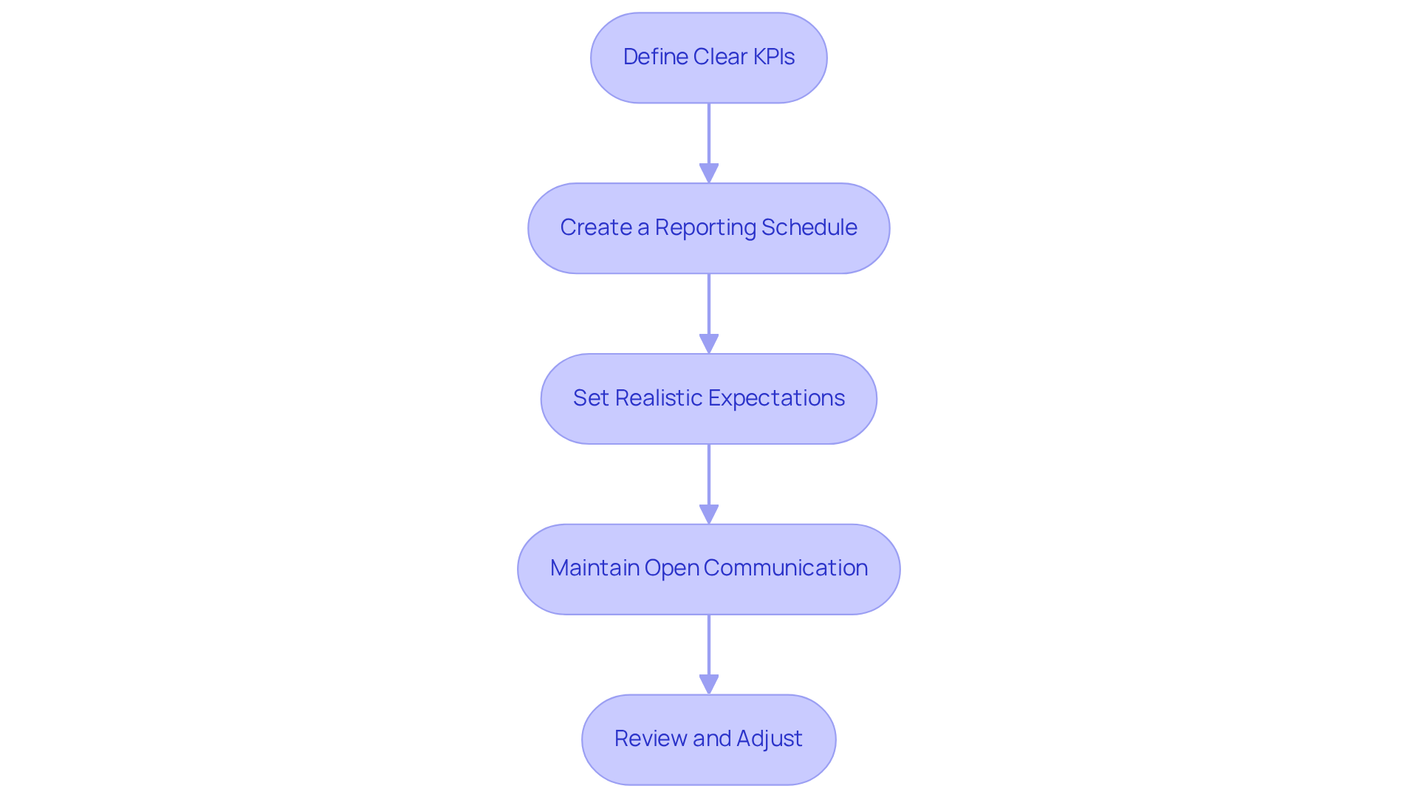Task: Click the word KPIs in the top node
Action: click(x=773, y=57)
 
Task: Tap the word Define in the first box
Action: click(x=646, y=57)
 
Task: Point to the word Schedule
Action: click(x=809, y=228)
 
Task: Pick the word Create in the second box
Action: click(x=595, y=228)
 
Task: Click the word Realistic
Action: click(x=661, y=398)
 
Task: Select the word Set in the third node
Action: click(x=590, y=398)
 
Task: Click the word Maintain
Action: click(x=594, y=568)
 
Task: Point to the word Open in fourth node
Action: click(x=671, y=568)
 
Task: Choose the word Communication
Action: click(x=786, y=568)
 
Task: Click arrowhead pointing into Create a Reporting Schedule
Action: click(x=709, y=174)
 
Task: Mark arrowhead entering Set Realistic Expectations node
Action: click(x=709, y=344)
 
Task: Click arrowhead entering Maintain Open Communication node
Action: click(x=709, y=515)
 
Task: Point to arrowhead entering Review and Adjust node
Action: click(x=709, y=685)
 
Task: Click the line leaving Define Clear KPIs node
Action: click(x=709, y=133)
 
